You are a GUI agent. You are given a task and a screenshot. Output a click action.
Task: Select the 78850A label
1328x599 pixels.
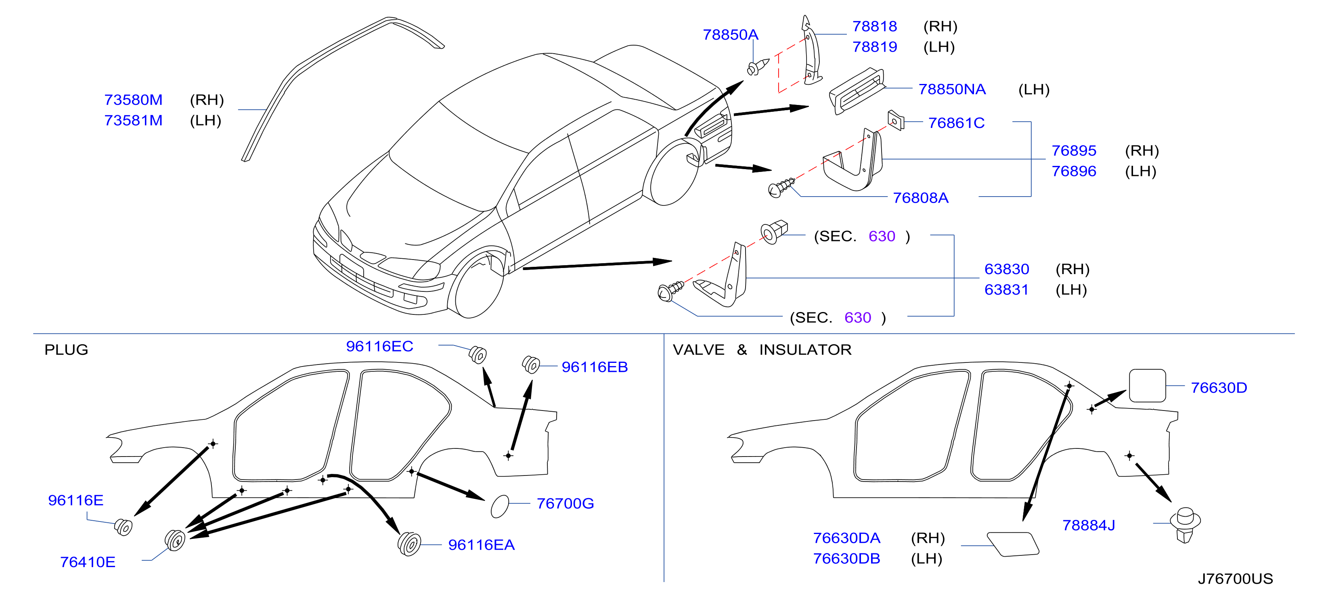(731, 35)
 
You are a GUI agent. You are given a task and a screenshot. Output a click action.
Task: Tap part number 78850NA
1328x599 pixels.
(952, 89)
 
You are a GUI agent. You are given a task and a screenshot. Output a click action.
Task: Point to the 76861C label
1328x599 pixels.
(956, 123)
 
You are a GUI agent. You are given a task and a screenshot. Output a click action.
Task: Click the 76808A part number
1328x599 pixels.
(921, 197)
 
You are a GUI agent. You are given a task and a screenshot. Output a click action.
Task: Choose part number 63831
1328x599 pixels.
(1006, 290)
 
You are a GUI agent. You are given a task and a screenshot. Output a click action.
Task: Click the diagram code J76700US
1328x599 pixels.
(1235, 579)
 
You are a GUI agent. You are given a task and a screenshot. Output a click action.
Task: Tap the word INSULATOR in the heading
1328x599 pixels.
(805, 350)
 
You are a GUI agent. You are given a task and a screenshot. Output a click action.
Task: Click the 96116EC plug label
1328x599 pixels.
(379, 346)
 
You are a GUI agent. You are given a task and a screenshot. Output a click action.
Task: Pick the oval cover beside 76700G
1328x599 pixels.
(500, 506)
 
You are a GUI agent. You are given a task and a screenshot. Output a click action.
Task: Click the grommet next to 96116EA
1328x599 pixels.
(409, 543)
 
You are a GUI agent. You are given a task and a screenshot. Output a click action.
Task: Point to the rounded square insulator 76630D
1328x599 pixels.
(1147, 385)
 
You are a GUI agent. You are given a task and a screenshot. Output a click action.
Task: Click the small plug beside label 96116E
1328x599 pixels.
(123, 527)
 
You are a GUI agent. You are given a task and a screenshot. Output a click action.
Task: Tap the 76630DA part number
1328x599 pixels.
(846, 538)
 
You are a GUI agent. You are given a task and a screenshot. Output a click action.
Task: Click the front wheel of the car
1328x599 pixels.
(478, 285)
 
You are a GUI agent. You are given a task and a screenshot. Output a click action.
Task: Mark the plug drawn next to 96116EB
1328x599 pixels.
(530, 364)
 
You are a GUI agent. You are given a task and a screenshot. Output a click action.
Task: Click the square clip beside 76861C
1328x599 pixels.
(896, 120)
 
